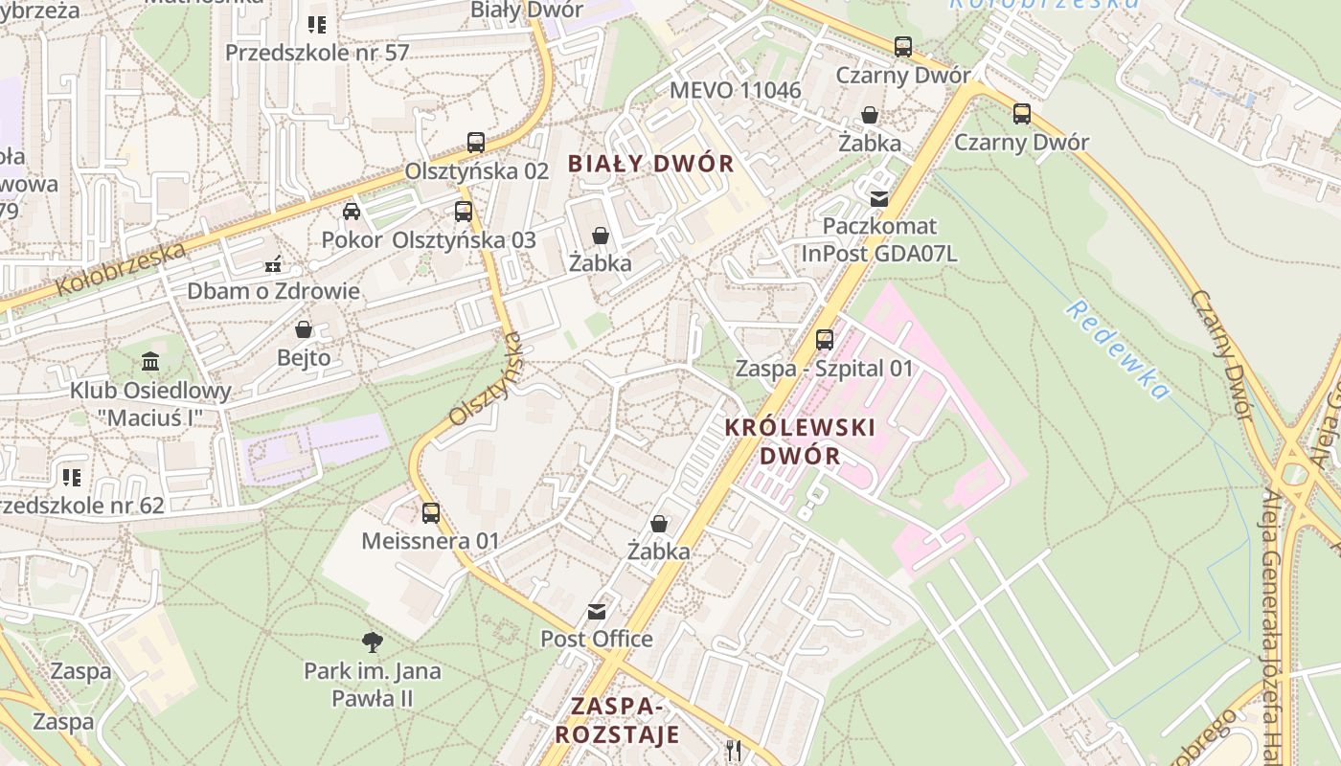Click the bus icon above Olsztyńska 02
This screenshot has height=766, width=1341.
click(476, 142)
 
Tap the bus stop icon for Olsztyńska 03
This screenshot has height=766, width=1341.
click(464, 211)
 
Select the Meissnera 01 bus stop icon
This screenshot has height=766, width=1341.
click(431, 512)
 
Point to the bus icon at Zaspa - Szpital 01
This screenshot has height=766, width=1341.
click(824, 339)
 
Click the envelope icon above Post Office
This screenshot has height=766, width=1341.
click(597, 611)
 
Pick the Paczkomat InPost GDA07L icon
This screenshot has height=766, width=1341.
click(878, 198)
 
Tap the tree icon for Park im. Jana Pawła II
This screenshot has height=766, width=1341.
click(373, 642)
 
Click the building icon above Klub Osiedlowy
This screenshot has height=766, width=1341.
click(150, 362)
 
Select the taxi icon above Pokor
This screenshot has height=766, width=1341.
click(352, 211)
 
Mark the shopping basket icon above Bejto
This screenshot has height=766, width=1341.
click(304, 329)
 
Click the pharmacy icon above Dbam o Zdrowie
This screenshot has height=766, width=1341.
click(273, 262)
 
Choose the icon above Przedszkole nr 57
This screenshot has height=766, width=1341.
click(316, 24)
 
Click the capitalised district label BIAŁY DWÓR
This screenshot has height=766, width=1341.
click(651, 164)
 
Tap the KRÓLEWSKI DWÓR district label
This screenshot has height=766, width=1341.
click(801, 440)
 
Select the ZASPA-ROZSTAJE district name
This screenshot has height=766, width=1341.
click(618, 720)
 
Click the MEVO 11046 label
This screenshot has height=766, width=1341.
click(736, 90)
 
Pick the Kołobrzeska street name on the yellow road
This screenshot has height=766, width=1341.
click(120, 269)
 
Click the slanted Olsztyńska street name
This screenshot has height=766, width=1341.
click(488, 379)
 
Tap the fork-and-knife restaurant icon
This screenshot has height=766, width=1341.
click(735, 750)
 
